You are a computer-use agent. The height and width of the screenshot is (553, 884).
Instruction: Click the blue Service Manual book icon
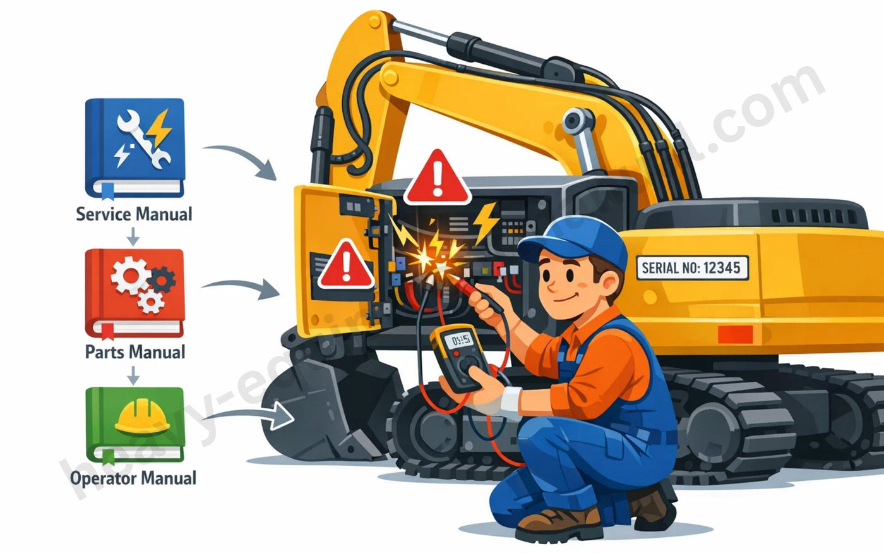coord(134,147)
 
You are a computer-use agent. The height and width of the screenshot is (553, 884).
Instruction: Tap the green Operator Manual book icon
coord(134,424)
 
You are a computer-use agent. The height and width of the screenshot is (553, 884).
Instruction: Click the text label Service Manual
coord(134,214)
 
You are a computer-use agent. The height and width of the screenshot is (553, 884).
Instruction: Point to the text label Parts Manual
coord(135,352)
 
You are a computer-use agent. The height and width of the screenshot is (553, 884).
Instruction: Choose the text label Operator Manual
coord(133,478)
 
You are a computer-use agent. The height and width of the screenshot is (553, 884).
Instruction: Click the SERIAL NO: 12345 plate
coord(691,268)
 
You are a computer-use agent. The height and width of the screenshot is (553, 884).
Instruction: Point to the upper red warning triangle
coord(437,178)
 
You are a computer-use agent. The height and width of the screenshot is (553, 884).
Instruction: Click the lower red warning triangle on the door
coord(345,265)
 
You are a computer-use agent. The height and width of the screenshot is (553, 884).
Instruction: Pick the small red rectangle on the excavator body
coord(736,334)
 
